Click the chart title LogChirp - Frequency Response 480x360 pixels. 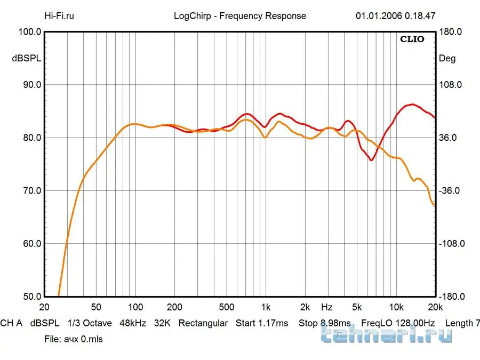tap(240, 15)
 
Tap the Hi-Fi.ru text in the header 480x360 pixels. tap(59, 15)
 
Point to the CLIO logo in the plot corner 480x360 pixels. tap(412, 39)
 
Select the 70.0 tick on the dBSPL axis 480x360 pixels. tap(30, 190)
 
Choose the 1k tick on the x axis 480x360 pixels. tap(266, 307)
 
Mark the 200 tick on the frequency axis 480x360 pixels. tap(175, 307)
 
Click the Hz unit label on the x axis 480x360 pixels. tap(327, 307)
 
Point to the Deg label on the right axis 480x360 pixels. tap(447, 58)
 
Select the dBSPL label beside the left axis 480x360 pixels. tap(27, 58)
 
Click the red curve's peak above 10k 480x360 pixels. tap(411, 105)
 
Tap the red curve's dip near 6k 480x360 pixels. tap(372, 160)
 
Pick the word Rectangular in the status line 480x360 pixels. tap(203, 323)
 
